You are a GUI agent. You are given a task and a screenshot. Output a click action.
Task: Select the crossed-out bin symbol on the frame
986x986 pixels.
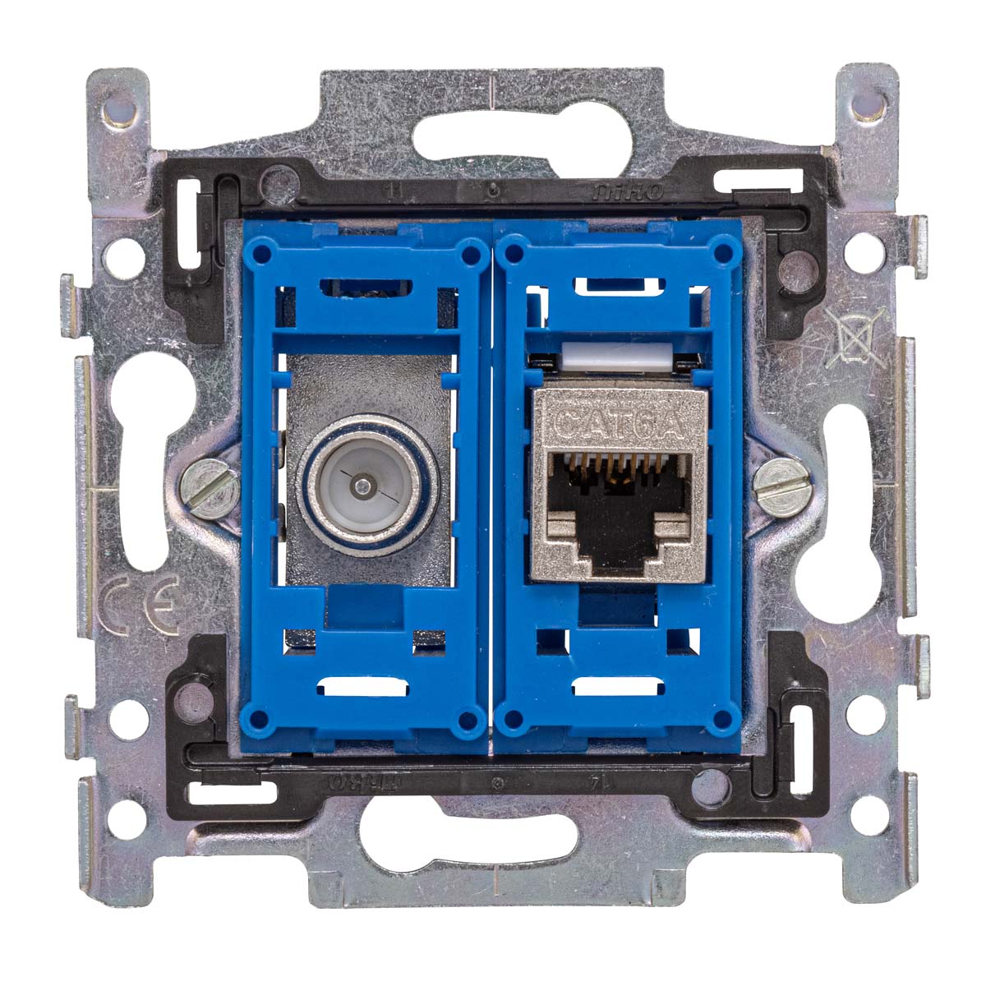[x=855, y=337]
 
